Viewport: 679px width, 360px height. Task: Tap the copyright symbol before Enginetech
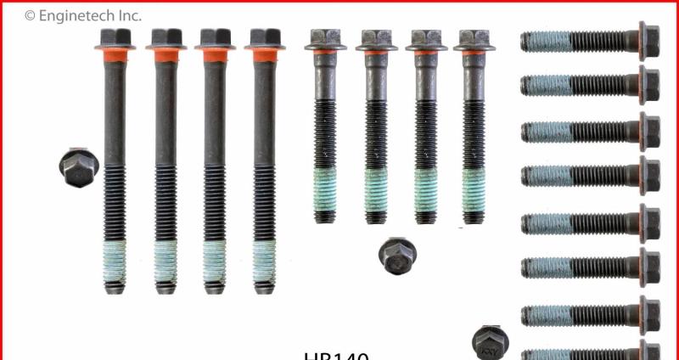[30, 15]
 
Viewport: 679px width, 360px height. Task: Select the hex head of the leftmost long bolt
[115, 38]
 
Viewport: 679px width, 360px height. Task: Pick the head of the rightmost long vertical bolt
[265, 38]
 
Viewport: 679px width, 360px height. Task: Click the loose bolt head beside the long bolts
[79, 166]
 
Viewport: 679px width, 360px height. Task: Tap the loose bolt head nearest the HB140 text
[491, 341]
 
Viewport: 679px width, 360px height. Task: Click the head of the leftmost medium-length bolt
[324, 40]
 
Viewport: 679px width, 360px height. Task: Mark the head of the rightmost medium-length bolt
[474, 40]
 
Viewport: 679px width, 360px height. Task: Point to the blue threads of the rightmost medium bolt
[473, 190]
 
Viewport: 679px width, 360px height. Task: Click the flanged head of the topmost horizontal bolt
[647, 39]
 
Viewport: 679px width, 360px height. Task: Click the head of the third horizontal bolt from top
[647, 131]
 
